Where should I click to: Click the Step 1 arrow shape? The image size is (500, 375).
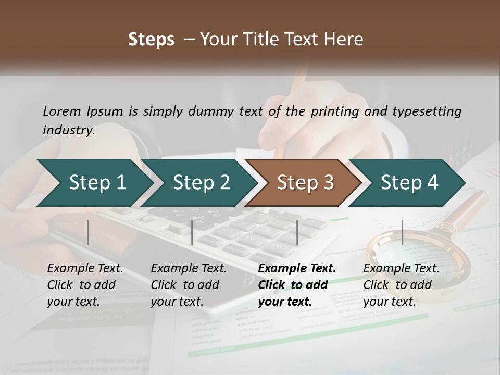tap(94, 183)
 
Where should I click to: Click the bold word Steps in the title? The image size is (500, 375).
tap(151, 40)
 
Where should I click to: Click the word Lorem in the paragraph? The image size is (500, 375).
tap(62, 111)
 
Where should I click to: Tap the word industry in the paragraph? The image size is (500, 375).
tap(68, 130)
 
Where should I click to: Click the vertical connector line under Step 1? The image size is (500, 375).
tap(88, 232)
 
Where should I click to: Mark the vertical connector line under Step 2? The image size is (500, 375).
tap(192, 232)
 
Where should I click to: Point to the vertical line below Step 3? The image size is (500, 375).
tap(297, 232)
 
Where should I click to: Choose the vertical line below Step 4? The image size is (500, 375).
tap(403, 232)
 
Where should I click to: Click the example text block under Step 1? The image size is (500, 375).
tap(85, 285)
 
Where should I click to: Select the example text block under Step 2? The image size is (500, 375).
tap(189, 285)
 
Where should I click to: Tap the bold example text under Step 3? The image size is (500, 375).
tap(296, 285)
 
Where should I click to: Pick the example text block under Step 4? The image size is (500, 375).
tap(401, 285)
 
